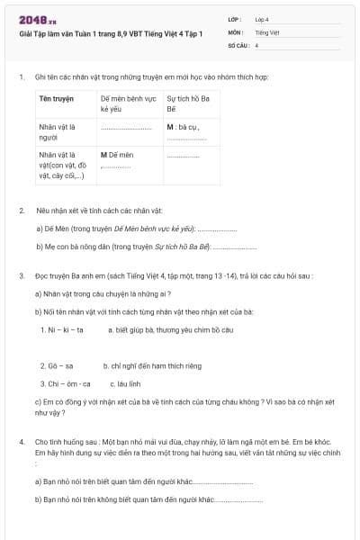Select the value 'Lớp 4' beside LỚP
[x=262, y=18]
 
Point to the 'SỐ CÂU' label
[x=238, y=44]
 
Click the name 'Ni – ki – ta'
[x=62, y=329]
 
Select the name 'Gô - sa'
[x=57, y=366]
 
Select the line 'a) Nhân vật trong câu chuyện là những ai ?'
[x=103, y=293]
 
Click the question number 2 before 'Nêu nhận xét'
[x=21, y=210]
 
